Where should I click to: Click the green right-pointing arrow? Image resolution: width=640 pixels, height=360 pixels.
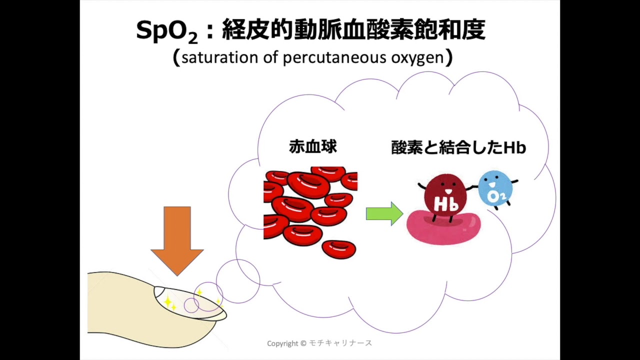pyautogui.click(x=384, y=214)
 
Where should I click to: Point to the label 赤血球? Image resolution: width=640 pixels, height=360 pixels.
pyautogui.click(x=313, y=146)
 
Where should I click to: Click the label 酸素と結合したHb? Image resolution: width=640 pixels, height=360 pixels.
pyautogui.click(x=458, y=147)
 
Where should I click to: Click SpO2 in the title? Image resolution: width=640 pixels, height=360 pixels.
pyautogui.click(x=166, y=31)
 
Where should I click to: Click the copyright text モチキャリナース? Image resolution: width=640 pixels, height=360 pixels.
pyautogui.click(x=340, y=343)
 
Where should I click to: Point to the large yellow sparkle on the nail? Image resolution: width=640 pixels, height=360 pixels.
pyautogui.click(x=167, y=301)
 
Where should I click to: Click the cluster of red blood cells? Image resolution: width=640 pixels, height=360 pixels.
pyautogui.click(x=310, y=212)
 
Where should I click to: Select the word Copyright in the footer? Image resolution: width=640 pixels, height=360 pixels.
pyautogui.click(x=282, y=343)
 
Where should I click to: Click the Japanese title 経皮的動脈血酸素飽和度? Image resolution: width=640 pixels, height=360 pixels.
pyautogui.click(x=353, y=30)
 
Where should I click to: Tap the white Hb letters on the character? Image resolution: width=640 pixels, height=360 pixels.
pyautogui.click(x=445, y=204)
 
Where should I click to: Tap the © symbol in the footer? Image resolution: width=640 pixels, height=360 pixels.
pyautogui.click(x=303, y=343)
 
